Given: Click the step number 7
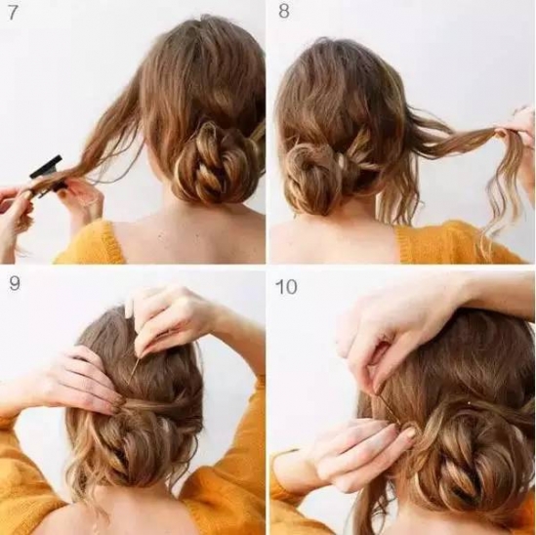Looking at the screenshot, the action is pos(13,13).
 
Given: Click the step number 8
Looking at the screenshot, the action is pos(284,12).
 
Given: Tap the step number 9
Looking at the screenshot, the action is pos(15,283).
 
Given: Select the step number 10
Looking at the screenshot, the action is pos(286,286).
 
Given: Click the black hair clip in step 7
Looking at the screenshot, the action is pos(47,176).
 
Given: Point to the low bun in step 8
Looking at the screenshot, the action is pos(309,178).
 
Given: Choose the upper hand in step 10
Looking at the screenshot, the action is pos(396,335).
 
